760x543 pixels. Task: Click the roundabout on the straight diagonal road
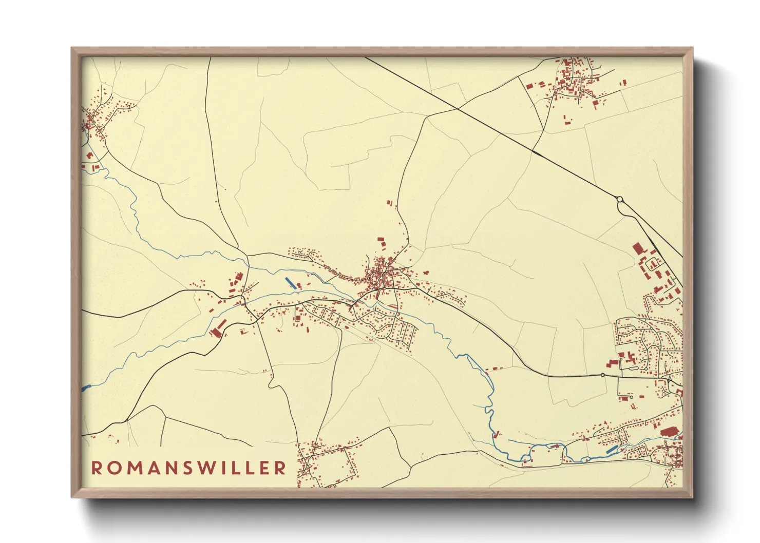tap(620, 199)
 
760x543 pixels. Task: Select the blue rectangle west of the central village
tap(290, 282)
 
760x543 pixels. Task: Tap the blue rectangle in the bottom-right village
tap(612, 449)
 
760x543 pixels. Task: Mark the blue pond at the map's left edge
tap(85, 388)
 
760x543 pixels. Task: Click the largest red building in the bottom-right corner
tap(669, 432)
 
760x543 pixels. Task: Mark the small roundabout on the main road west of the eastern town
tap(603, 375)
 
